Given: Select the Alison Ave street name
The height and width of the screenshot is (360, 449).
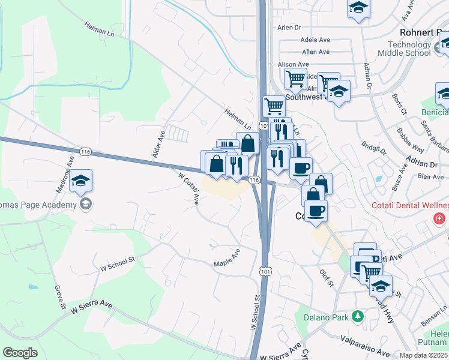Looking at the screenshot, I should pyautogui.click(x=294, y=64).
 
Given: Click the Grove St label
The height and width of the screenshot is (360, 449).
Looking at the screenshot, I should pyautogui.click(x=60, y=298).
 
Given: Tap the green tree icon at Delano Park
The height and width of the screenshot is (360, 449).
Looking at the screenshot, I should pyautogui.click(x=358, y=315).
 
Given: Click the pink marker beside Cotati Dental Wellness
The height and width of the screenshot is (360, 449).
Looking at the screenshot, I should pyautogui.click(x=441, y=218).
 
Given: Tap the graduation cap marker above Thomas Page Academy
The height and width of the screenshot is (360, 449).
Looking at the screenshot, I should pyautogui.click(x=80, y=181).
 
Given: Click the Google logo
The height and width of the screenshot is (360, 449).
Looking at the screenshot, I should pyautogui.click(x=20, y=353).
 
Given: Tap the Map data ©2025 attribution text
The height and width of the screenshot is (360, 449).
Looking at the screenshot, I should pyautogui.click(x=423, y=355).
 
